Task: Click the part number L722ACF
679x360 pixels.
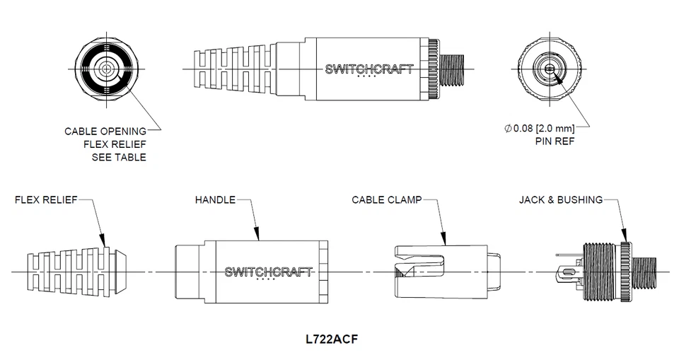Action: click(332, 338)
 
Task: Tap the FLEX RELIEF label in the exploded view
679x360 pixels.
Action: click(46, 200)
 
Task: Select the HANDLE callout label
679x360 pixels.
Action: click(215, 200)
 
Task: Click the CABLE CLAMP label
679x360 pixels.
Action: click(386, 200)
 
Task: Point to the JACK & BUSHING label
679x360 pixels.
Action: click(561, 200)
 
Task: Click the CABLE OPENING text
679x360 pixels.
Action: click(105, 131)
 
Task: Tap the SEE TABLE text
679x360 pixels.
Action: click(119, 156)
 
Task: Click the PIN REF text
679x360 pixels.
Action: click(555, 141)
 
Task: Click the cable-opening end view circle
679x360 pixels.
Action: click(107, 69)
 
